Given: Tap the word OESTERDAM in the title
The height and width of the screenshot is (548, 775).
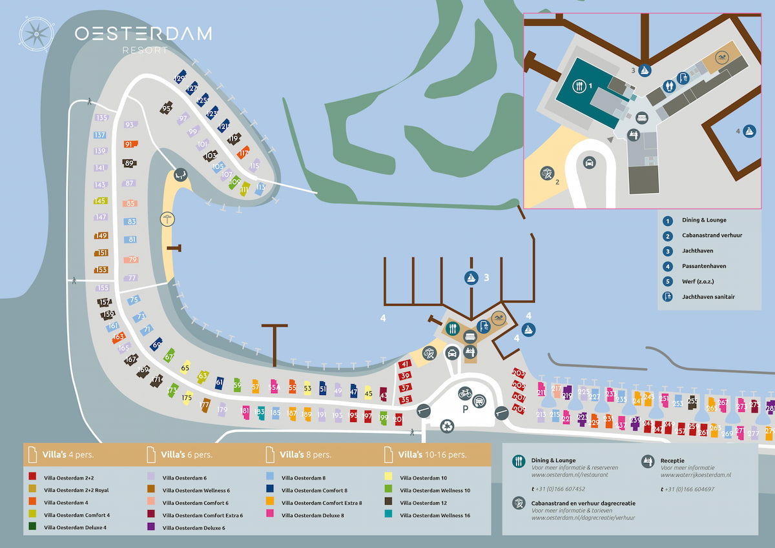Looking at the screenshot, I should point(143,34).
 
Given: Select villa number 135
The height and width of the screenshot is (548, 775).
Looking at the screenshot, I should point(101,117).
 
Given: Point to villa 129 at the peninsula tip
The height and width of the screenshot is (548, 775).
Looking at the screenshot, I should point(180,79).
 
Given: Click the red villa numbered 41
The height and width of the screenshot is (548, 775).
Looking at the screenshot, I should point(406,365).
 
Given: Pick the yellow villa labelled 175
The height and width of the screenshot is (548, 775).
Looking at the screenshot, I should point(187,398).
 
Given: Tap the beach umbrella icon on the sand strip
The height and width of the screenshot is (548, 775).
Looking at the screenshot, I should point(167,219).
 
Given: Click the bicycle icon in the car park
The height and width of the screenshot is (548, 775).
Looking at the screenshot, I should point(464,392).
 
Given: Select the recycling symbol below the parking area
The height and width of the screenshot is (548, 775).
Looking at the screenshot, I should point(447,425).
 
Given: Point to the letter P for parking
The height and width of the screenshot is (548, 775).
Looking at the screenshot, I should point(464,410).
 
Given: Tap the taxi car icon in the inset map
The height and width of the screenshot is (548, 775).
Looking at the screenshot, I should point(589,163).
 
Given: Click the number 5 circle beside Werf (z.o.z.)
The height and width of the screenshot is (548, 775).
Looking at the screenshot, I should point(669,281).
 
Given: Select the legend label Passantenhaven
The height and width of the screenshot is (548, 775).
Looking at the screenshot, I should point(704,266).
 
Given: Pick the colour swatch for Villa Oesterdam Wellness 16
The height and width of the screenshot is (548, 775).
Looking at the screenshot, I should point(387,514).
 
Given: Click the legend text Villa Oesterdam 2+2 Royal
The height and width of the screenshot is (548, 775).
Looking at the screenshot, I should point(76,490).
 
